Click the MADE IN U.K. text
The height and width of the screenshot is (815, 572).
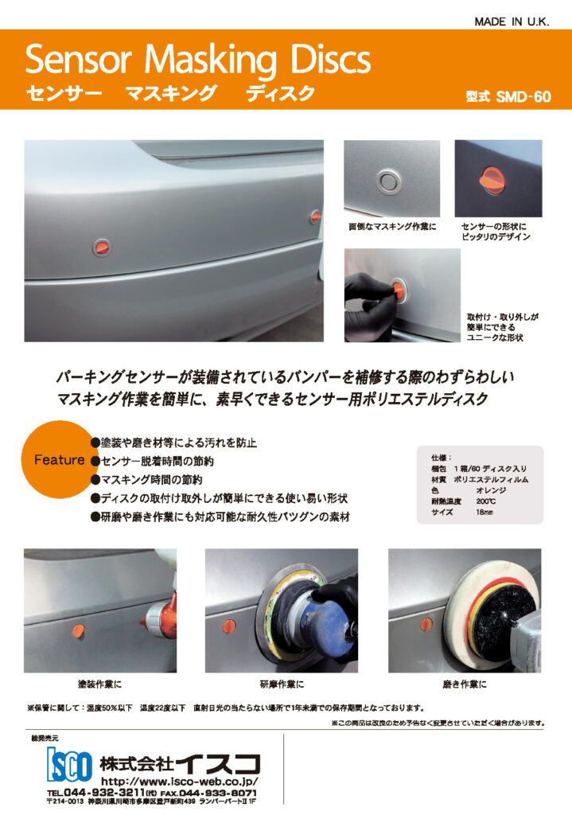point(512,21)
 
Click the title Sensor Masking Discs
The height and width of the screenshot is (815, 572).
point(198,60)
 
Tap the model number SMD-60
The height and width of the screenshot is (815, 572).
point(508,98)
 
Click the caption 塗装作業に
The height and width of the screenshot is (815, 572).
point(100,684)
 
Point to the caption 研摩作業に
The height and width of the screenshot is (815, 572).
point(282,684)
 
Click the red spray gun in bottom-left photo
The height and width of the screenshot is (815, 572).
point(158,618)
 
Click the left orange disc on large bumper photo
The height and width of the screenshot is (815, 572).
point(103,248)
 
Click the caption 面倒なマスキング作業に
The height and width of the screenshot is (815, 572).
point(393,227)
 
